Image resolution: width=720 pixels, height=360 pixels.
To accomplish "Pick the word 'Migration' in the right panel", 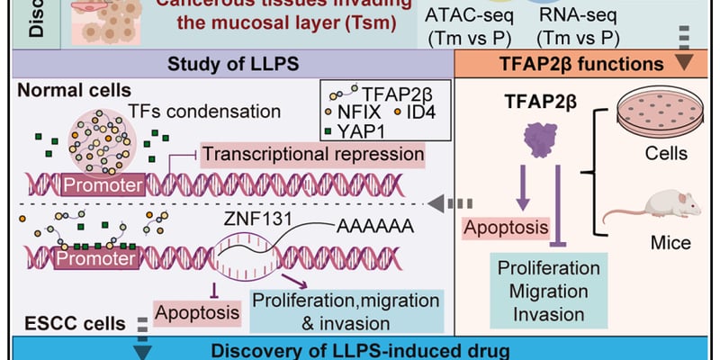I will tap(549, 291).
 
